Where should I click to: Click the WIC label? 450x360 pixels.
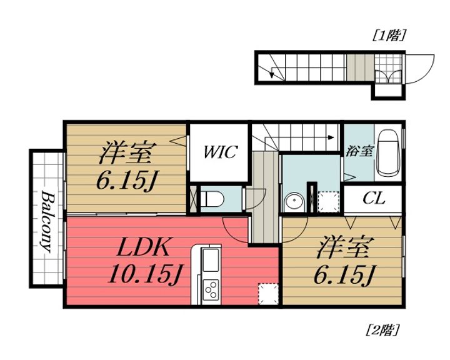pyautogui.click(x=219, y=152)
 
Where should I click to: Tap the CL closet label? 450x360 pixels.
pyautogui.click(x=374, y=199)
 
